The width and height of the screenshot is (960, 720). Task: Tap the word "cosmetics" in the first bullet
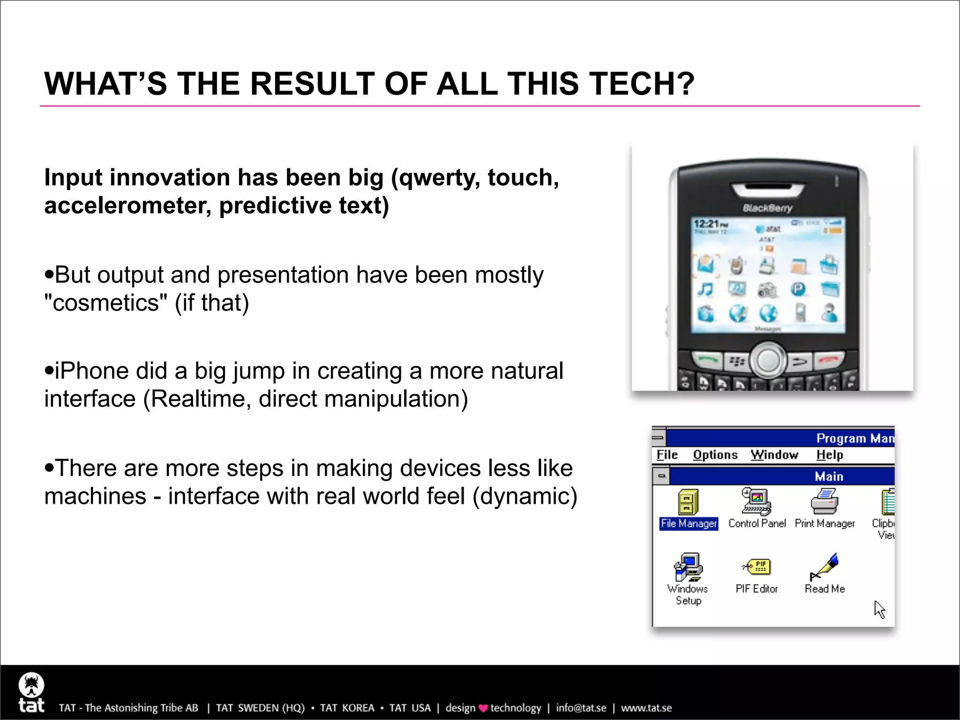(105, 303)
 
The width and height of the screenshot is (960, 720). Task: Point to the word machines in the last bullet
(95, 496)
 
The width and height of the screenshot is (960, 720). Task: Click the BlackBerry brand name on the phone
(767, 208)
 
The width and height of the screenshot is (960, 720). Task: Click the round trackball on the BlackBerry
(768, 360)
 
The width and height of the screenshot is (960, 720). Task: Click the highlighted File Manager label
(689, 524)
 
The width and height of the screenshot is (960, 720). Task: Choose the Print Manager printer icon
(825, 502)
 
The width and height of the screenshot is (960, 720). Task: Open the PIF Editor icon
(757, 567)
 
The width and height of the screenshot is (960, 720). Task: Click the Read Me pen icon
(825, 567)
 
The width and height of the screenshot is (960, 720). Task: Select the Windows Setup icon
(688, 567)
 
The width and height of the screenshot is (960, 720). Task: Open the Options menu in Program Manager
(715, 455)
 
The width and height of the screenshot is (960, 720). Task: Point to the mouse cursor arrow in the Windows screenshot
(879, 609)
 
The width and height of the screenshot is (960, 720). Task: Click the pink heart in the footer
(483, 708)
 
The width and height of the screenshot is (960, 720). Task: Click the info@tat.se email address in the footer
(581, 708)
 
